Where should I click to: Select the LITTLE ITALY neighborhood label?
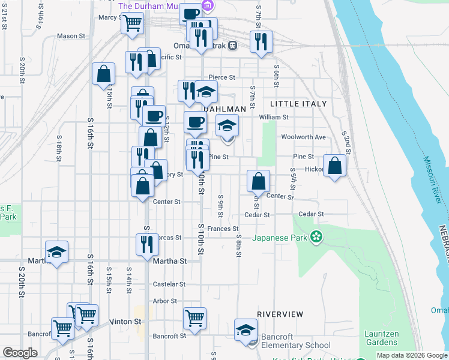point(303,104)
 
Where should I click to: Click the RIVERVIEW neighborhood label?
point(280,314)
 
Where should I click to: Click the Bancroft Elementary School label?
point(296,345)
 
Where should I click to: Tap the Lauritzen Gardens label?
point(381,338)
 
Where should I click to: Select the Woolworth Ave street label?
point(304,137)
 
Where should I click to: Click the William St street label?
point(274,118)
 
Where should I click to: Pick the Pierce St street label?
point(221,77)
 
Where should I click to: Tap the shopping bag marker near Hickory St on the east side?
point(336,166)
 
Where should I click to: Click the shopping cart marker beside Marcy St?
point(132,23)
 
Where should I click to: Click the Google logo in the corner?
point(20,353)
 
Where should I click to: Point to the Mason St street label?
point(71,36)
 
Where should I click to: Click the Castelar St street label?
point(169,284)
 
